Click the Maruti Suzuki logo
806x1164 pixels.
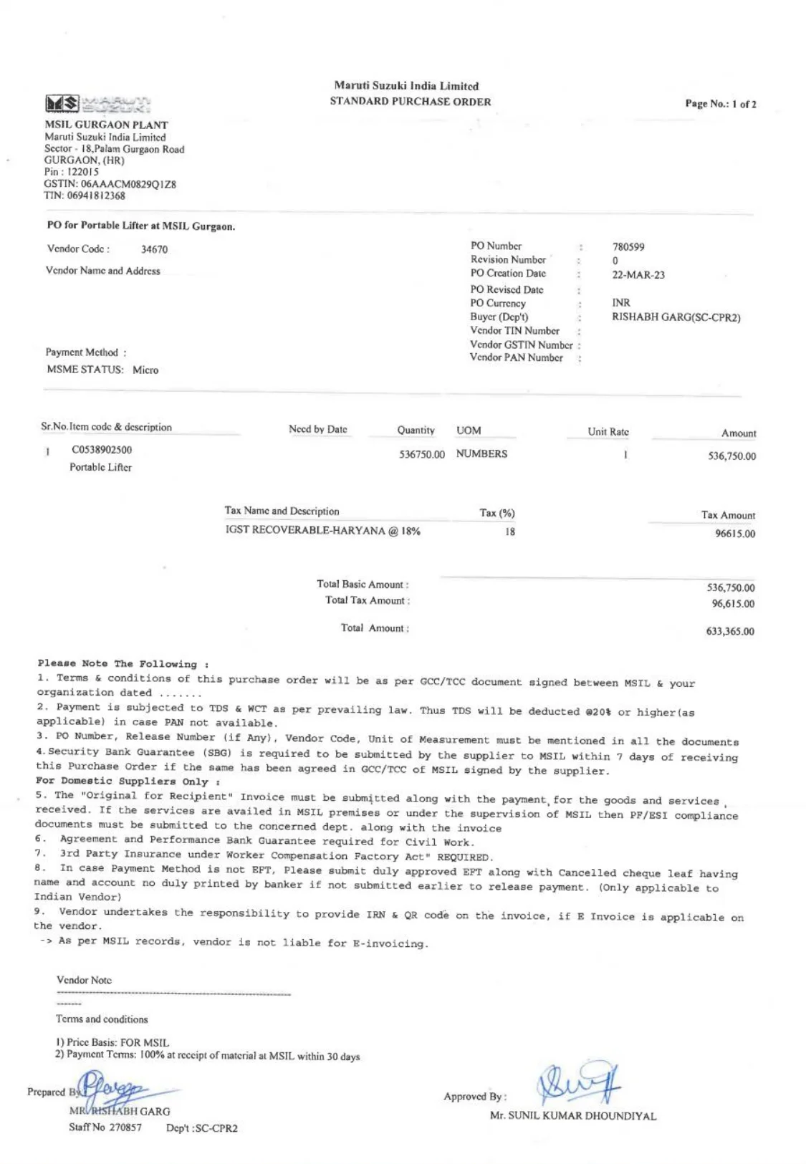click(97, 105)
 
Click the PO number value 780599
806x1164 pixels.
click(628, 247)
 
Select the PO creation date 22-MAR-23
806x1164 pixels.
click(638, 275)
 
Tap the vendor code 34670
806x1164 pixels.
click(154, 250)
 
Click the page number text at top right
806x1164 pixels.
click(720, 104)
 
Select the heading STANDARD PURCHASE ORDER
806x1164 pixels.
click(410, 102)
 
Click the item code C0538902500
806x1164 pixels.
click(102, 450)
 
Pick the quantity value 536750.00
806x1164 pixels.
click(421, 455)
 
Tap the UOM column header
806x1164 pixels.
click(469, 431)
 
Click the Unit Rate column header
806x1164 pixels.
click(608, 432)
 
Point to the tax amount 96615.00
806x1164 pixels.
click(734, 534)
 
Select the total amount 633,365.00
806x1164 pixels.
click(729, 632)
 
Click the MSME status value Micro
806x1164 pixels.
click(145, 370)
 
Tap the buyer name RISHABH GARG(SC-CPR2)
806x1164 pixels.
click(676, 317)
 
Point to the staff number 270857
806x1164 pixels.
click(125, 1127)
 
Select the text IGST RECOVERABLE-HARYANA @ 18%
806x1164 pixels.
click(322, 532)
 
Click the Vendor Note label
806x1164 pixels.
click(84, 981)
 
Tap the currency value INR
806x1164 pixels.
click(620, 303)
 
